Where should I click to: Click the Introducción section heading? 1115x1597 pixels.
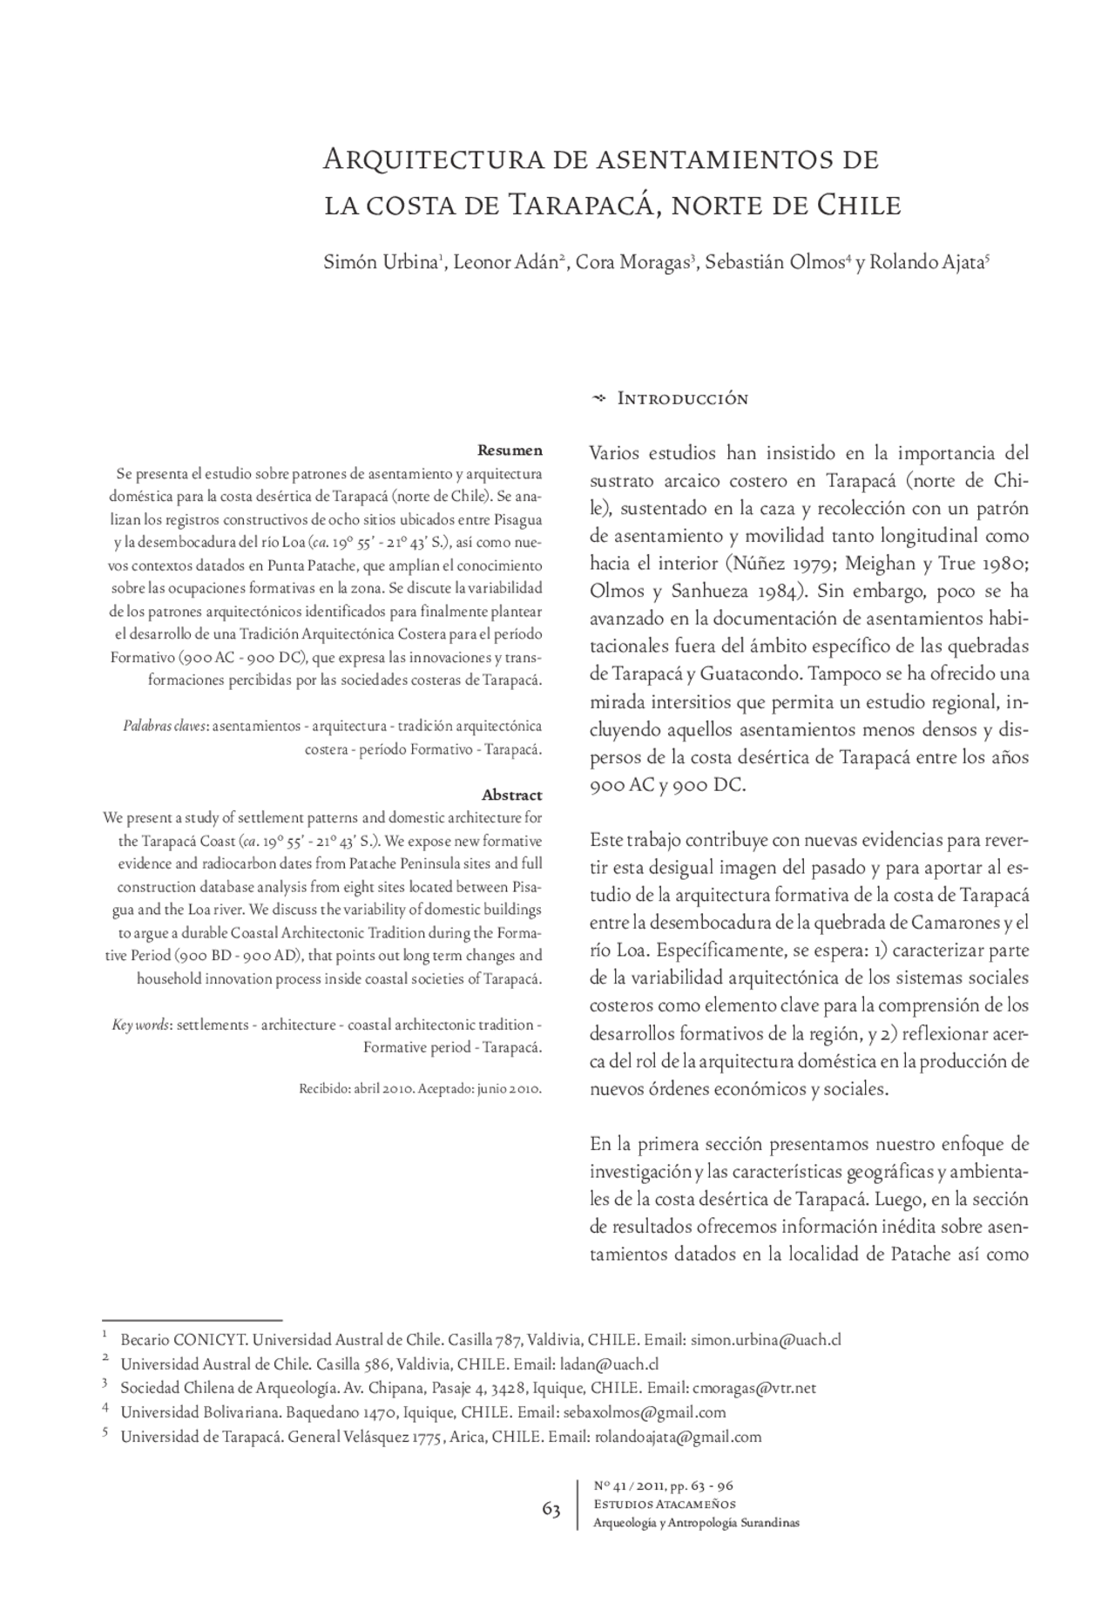(682, 399)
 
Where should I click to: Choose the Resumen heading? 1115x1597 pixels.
(510, 450)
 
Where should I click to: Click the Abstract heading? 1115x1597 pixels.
(511, 795)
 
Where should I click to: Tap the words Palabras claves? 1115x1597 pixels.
(165, 726)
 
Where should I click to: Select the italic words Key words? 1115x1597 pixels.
(140, 1025)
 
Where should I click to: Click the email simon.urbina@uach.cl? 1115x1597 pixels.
(766, 1340)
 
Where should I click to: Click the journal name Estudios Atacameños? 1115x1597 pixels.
(664, 1504)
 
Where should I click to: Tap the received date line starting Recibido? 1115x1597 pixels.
(421, 1089)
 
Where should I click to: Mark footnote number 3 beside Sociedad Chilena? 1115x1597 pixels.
(105, 1384)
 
